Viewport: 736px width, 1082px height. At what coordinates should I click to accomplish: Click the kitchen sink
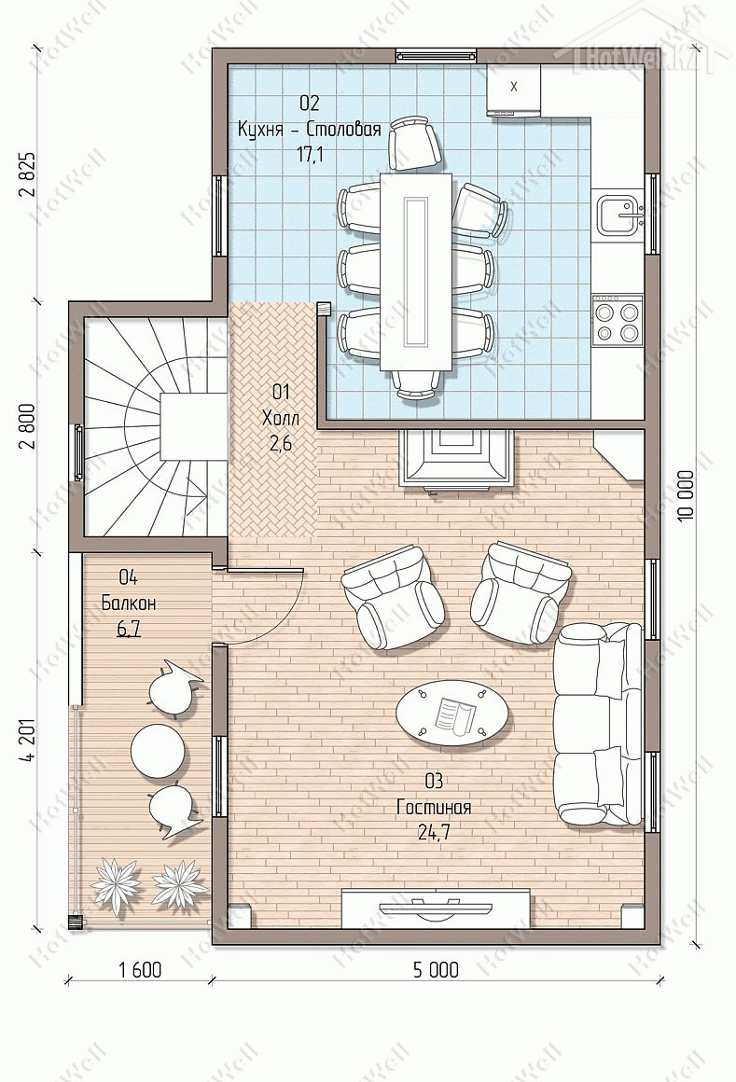tap(620, 214)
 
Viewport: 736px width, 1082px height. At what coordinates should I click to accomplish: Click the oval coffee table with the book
tap(452, 712)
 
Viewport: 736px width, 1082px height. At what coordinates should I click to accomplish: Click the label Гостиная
tap(433, 807)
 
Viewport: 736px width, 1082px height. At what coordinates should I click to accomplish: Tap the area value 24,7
tap(434, 833)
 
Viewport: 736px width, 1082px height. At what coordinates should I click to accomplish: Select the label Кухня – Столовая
tap(309, 130)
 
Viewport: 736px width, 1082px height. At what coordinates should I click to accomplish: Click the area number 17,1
tap(310, 155)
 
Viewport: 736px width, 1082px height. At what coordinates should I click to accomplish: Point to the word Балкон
tap(129, 603)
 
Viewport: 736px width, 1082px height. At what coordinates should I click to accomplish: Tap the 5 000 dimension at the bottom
tap(436, 969)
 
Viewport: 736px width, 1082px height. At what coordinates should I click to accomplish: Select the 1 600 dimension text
tap(140, 969)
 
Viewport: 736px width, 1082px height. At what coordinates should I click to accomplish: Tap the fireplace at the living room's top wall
tap(457, 460)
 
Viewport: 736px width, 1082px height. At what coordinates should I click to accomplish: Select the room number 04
tap(129, 576)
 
